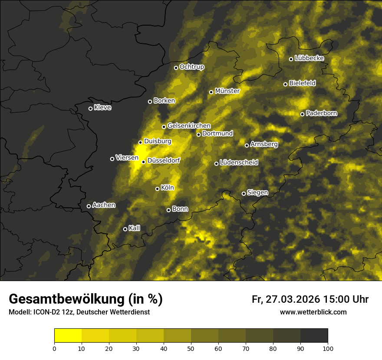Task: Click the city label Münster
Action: click(x=227, y=91)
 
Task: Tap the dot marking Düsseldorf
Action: click(x=144, y=162)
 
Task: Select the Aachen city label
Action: click(x=104, y=205)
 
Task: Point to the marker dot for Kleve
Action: click(x=90, y=108)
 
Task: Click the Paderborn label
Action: click(x=321, y=113)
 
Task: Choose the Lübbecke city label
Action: click(x=309, y=58)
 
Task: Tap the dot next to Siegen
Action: click(x=244, y=193)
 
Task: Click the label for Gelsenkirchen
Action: click(x=189, y=126)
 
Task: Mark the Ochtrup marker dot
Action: click(x=176, y=68)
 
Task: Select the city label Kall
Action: click(x=135, y=228)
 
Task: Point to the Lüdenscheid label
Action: click(x=239, y=163)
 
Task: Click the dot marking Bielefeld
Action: click(x=286, y=84)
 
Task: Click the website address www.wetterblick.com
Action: click(x=313, y=312)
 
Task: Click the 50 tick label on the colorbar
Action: click(x=191, y=348)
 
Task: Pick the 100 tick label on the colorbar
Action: click(x=328, y=348)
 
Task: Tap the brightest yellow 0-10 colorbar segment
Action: click(x=68, y=335)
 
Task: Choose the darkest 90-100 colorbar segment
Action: click(x=314, y=335)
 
